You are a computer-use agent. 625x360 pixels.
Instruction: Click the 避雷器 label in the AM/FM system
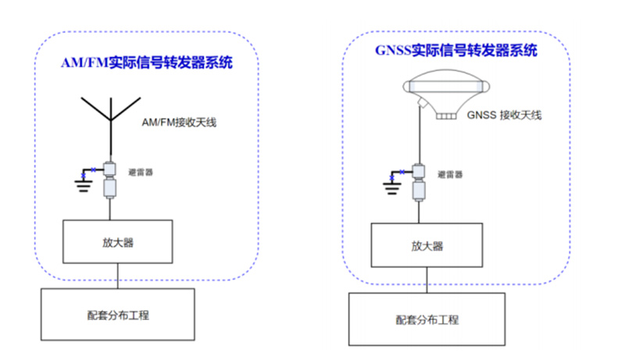(x=141, y=172)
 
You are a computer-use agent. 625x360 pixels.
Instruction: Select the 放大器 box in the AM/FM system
(x=117, y=242)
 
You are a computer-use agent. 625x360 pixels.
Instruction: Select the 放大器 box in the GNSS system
(x=427, y=245)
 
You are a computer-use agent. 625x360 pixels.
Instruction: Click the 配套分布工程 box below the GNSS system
(x=427, y=319)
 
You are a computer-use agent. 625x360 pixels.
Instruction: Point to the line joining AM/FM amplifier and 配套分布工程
(x=117, y=276)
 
